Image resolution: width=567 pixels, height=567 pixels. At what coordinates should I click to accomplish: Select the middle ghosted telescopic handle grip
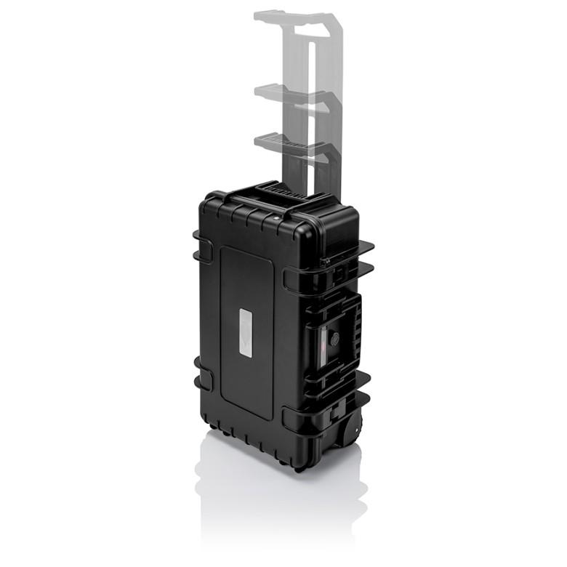point(289,93)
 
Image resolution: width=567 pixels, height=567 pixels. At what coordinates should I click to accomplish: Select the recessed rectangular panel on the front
point(247,331)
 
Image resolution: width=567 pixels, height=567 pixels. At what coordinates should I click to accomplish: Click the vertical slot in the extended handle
point(311,109)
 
